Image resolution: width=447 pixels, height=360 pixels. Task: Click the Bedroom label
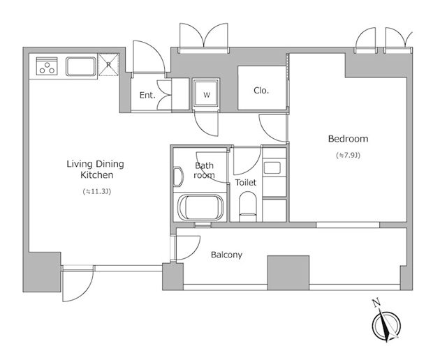coord(348,139)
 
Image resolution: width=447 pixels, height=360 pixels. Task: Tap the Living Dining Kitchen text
coord(96,169)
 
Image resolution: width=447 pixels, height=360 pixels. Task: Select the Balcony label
coord(226,255)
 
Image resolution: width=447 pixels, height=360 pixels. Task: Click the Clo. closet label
coord(261,90)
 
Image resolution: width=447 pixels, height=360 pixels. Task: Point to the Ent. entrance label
coord(147,95)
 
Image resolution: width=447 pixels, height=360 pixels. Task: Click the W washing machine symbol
coord(207,94)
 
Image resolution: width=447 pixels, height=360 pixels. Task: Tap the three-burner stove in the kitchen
coord(47,66)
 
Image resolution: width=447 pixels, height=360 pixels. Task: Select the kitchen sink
coord(81,66)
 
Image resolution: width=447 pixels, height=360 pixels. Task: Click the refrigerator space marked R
coord(108,65)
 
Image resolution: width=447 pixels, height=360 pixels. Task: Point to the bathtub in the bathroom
coord(200,207)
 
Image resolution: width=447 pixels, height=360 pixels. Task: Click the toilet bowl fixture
coord(248,206)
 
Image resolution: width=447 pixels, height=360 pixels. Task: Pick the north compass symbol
coord(386,326)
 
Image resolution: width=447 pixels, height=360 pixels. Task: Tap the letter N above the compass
coord(376,303)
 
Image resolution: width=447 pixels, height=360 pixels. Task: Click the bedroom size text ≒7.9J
coord(348,155)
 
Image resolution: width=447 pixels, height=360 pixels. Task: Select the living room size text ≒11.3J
coord(96,191)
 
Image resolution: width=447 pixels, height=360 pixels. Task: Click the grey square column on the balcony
coord(288,273)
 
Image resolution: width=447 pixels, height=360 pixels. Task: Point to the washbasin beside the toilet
coord(272,167)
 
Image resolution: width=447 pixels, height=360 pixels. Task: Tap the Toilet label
coord(246,182)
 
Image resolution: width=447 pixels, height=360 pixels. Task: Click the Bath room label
coord(204,170)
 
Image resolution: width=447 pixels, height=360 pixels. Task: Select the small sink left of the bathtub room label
coord(178,177)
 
